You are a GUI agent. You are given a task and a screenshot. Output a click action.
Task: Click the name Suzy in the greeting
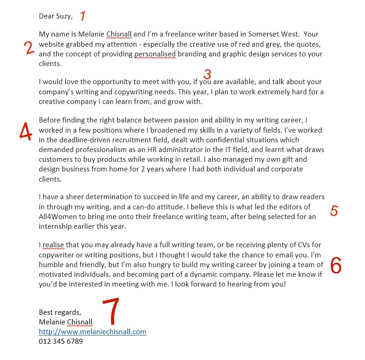64,17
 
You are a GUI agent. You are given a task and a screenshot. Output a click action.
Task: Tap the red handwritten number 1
83,16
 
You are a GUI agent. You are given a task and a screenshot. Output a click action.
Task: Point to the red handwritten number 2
30,48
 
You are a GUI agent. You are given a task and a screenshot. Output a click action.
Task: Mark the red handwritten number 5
334,211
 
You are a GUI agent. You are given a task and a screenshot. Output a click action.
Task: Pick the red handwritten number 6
336,265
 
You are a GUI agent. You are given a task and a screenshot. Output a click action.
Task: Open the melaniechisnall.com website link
92,332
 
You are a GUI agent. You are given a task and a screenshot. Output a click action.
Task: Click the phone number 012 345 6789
61,342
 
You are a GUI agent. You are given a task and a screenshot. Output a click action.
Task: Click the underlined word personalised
155,54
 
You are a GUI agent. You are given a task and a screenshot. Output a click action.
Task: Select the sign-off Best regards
60,312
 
